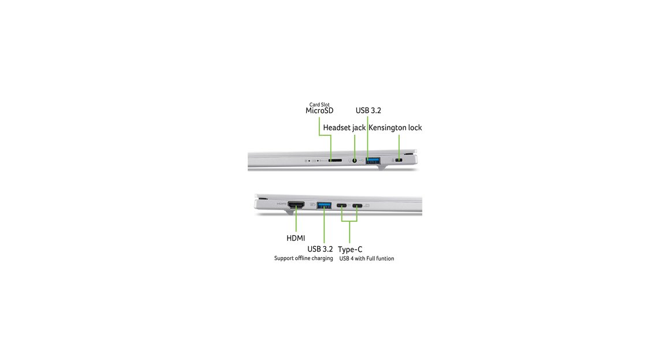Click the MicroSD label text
[x=319, y=111]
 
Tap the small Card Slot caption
[x=319, y=105]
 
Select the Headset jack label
[x=344, y=128]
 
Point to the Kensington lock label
[x=395, y=128]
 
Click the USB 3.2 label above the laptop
[x=368, y=110]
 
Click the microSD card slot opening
[x=335, y=160]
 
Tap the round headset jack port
[x=354, y=160]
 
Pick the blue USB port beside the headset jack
[x=373, y=161]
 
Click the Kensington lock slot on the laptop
[x=399, y=160]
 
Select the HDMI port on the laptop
[x=296, y=205]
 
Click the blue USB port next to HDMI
[x=324, y=205]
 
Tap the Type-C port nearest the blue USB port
[x=342, y=206]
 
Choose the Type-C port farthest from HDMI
[x=357, y=206]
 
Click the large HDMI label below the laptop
[x=296, y=238]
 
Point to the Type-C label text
[x=350, y=249]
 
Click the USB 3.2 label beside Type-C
[x=320, y=249]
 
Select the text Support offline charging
[x=303, y=258]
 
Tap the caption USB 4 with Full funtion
[x=367, y=259]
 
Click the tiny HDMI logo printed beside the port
[x=282, y=203]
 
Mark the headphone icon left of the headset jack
[x=349, y=160]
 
